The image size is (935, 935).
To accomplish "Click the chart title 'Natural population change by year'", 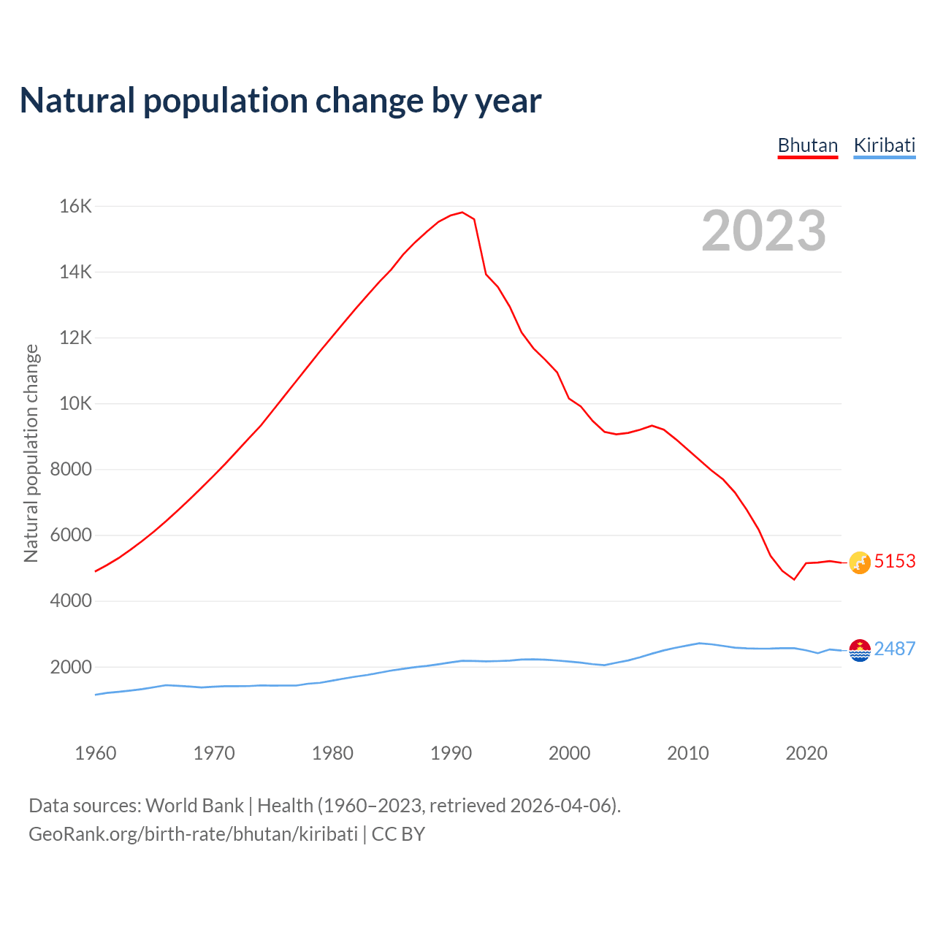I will pyautogui.click(x=280, y=101).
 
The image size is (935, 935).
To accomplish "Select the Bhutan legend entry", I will pyautogui.click(x=807, y=145).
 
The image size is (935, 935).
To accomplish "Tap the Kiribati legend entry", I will pyautogui.click(x=884, y=145).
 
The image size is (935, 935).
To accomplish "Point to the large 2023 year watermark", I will pyautogui.click(x=763, y=231).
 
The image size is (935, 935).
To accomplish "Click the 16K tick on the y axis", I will pyautogui.click(x=75, y=207).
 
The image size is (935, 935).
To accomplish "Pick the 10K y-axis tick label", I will pyautogui.click(x=75, y=404).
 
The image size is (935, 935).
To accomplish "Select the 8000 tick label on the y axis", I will pyautogui.click(x=71, y=470).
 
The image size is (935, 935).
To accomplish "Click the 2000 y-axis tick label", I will pyautogui.click(x=71, y=667).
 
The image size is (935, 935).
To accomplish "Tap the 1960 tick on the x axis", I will pyautogui.click(x=96, y=753).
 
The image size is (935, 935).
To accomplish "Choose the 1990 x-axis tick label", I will pyautogui.click(x=451, y=753).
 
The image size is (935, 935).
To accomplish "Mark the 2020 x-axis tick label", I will pyautogui.click(x=806, y=753).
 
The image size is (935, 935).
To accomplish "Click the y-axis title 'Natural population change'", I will pyautogui.click(x=31, y=453).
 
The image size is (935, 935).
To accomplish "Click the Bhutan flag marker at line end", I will pyautogui.click(x=860, y=562).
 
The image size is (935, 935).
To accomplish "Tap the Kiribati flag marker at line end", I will pyautogui.click(x=860, y=650).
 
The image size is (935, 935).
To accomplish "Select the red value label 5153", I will pyautogui.click(x=895, y=561).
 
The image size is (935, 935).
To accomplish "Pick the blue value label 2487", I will pyautogui.click(x=895, y=649).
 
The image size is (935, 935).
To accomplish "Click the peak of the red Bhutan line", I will pyautogui.click(x=462, y=213).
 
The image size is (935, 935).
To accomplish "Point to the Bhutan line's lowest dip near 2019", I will pyautogui.click(x=794, y=579).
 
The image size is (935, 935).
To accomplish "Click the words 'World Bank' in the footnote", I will pyautogui.click(x=194, y=806).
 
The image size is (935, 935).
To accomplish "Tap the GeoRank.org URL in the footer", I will pyautogui.click(x=193, y=834).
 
